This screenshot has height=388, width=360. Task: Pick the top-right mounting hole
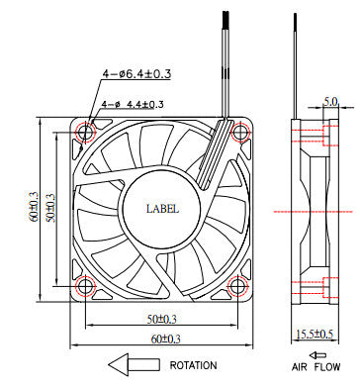(x=237, y=132)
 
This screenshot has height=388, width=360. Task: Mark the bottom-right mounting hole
(x=237, y=288)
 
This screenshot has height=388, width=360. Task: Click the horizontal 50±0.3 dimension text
(x=162, y=319)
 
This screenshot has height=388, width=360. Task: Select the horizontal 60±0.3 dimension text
(x=162, y=339)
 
